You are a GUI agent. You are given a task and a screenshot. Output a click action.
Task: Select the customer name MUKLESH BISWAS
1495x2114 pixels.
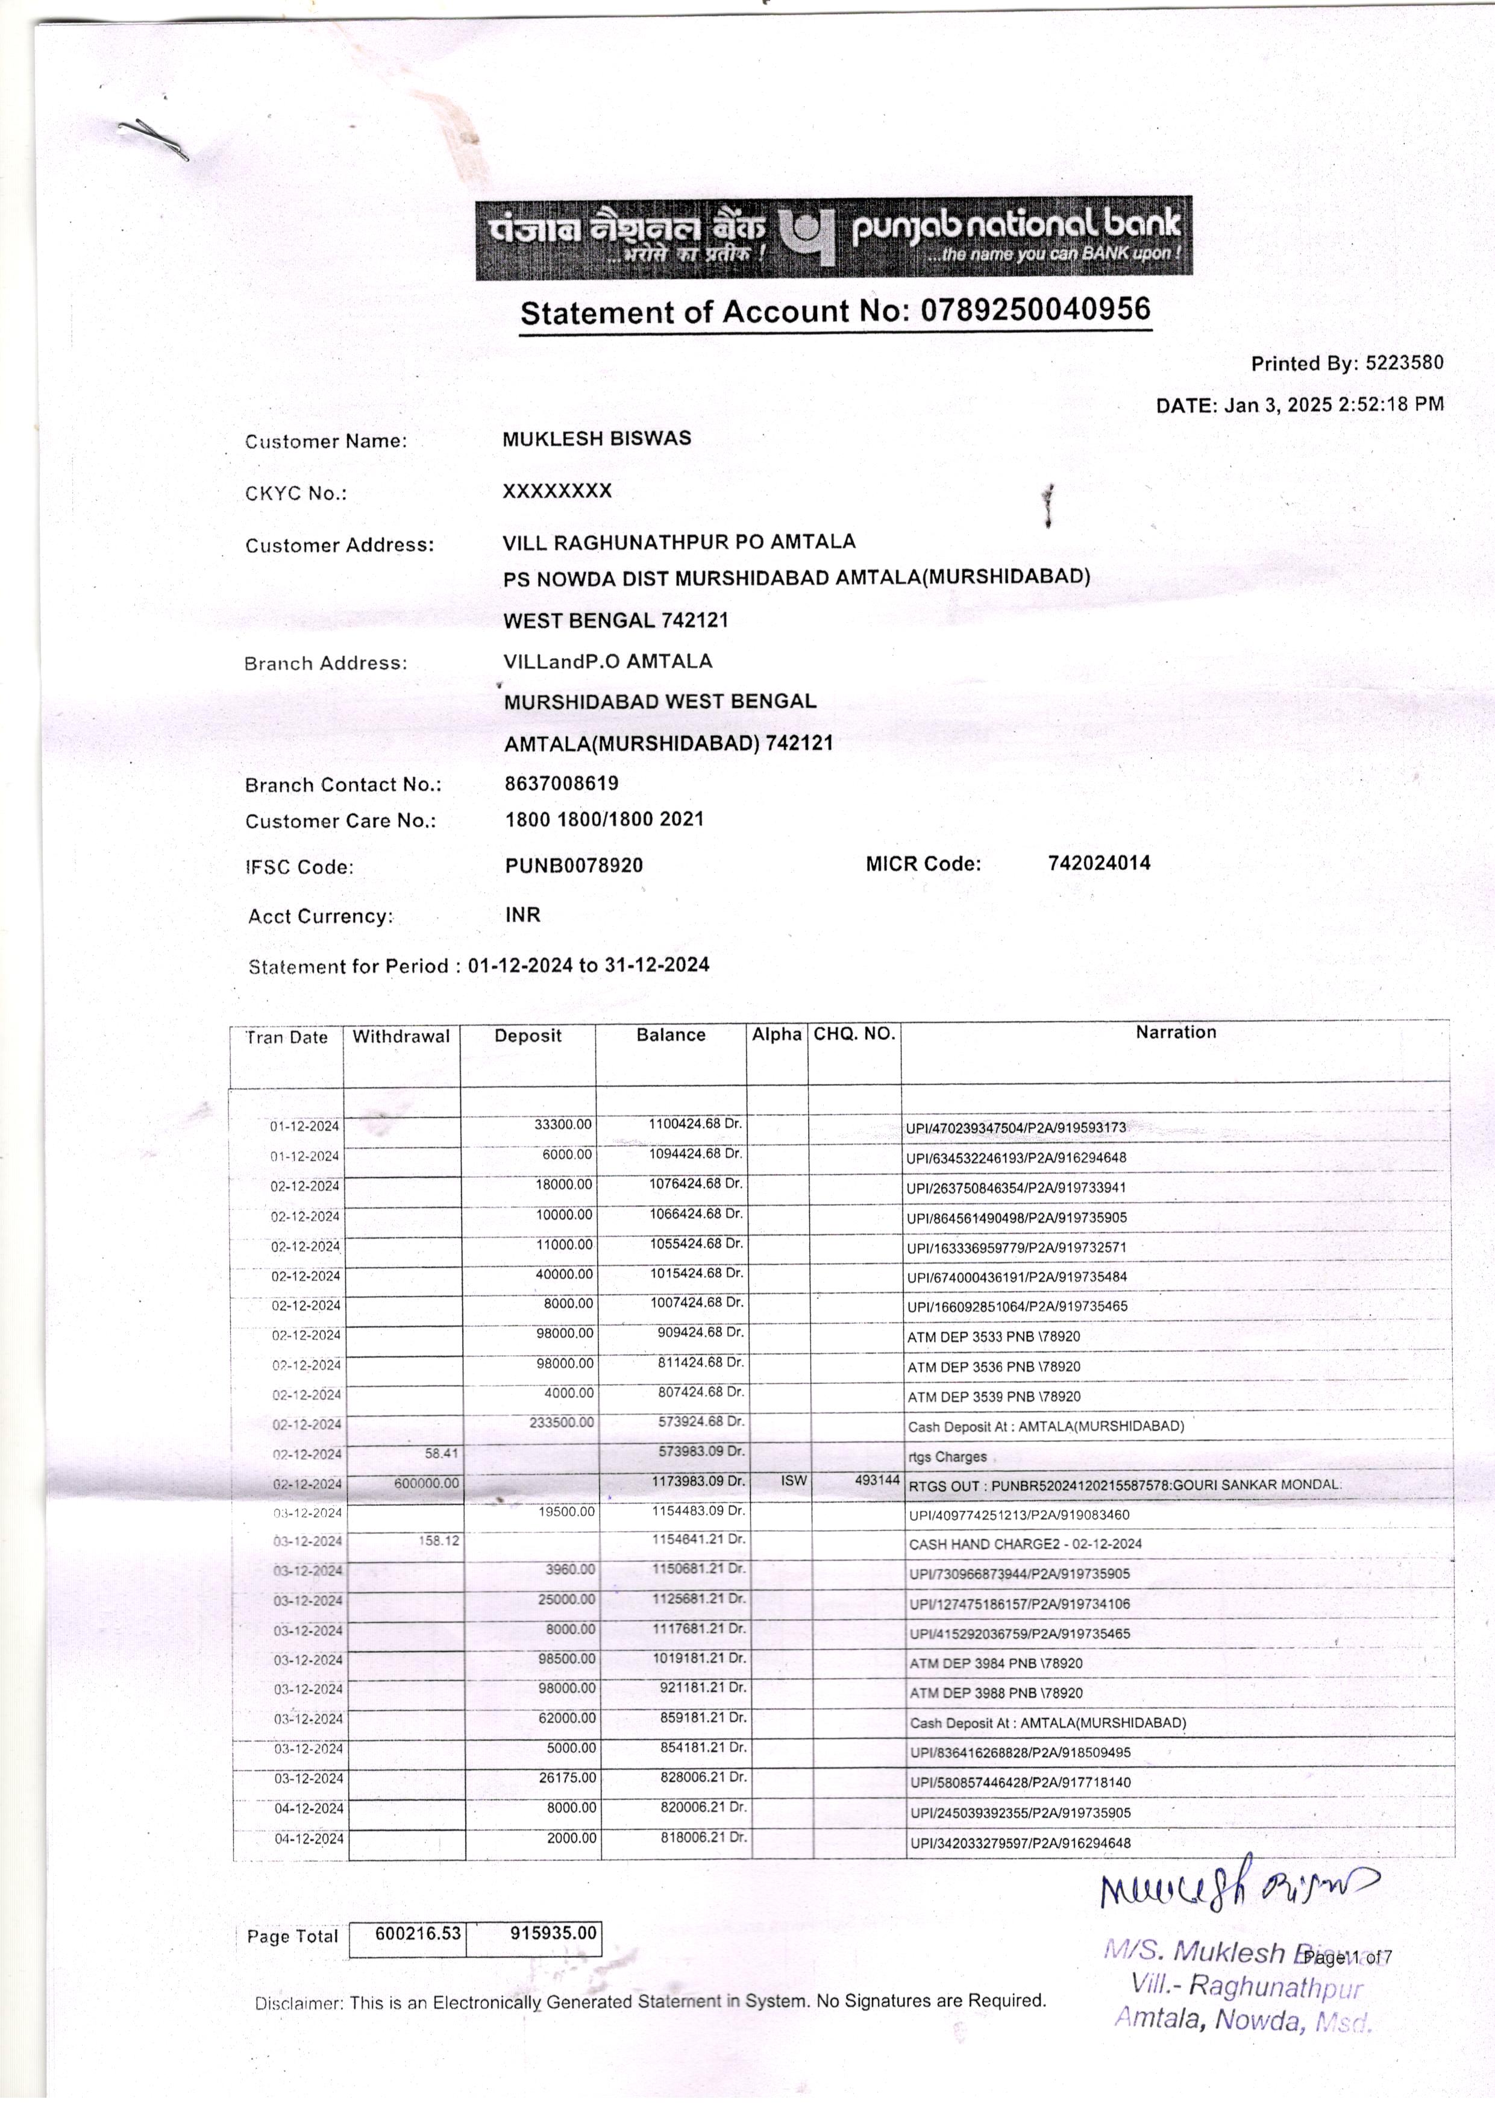coord(597,438)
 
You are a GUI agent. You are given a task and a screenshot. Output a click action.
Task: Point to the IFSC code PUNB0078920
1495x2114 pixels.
coord(574,866)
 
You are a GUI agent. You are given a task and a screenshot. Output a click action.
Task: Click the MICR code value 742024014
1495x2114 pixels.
coord(1099,863)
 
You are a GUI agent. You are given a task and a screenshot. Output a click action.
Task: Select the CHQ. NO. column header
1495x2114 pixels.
coord(853,1034)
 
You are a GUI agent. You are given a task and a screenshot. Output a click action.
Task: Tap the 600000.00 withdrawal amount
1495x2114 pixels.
coord(426,1483)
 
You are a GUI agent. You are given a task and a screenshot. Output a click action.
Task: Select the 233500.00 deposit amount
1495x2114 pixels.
coord(562,1423)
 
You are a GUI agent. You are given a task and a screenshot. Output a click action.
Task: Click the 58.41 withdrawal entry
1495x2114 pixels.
coord(441,1454)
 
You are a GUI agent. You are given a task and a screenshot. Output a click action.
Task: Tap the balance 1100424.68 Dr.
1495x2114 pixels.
coord(695,1124)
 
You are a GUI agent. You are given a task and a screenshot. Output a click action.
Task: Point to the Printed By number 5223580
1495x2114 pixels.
coord(1404,363)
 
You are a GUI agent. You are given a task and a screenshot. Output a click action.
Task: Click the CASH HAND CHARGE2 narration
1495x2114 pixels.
coord(1024,1544)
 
